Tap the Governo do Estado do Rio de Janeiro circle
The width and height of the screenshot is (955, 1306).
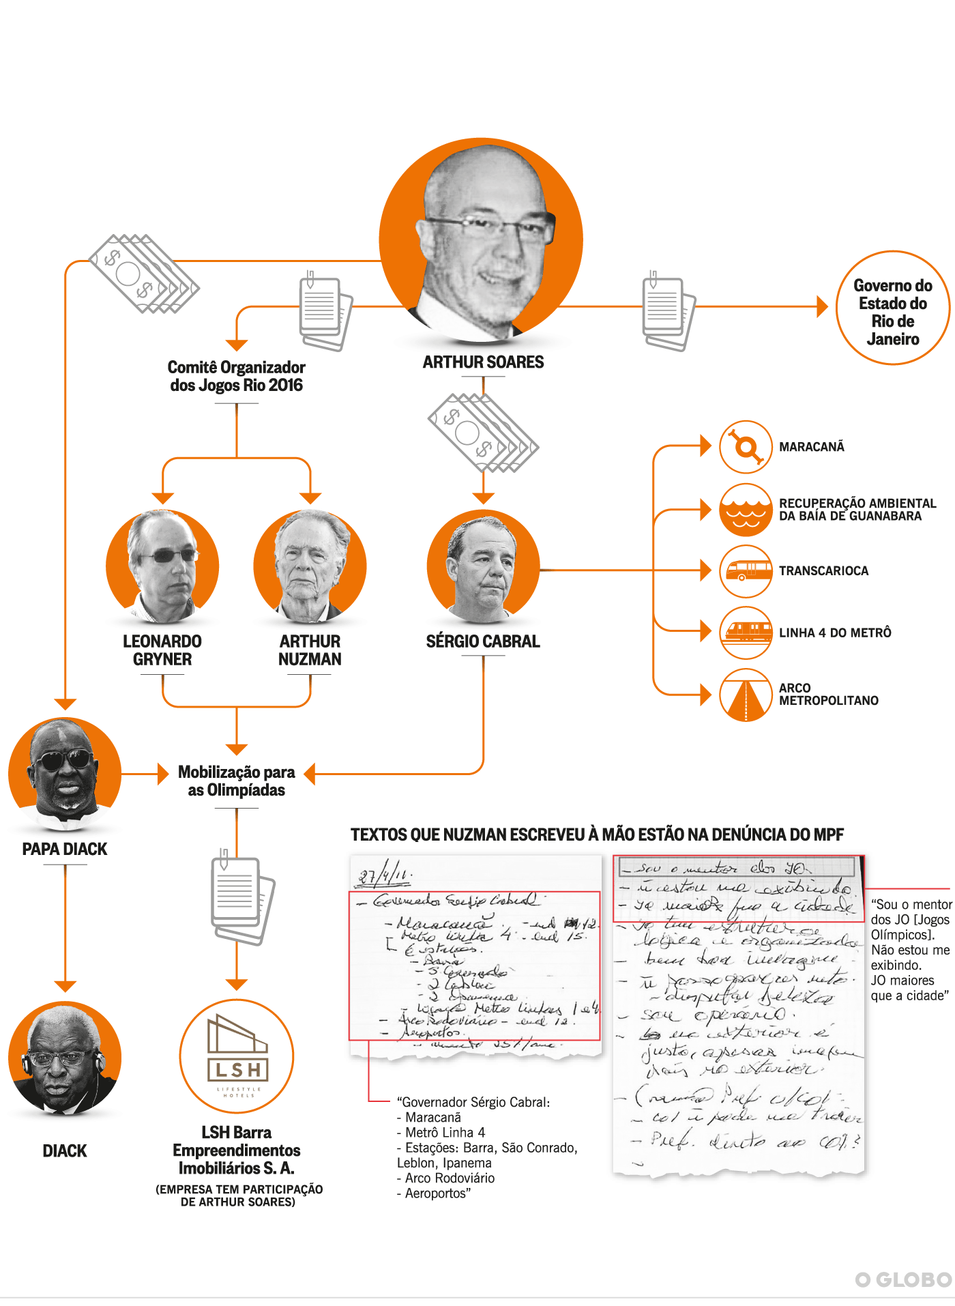click(x=892, y=308)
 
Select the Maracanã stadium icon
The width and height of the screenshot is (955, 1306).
click(x=746, y=447)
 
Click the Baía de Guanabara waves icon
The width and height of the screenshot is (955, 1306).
click(x=746, y=510)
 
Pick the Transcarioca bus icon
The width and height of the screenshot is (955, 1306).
click(x=746, y=571)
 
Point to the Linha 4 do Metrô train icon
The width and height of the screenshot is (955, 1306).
click(x=746, y=633)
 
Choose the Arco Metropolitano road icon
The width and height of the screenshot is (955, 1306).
click(x=746, y=695)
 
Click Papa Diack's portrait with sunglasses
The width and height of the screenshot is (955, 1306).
click(x=65, y=774)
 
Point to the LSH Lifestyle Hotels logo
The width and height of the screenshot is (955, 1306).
click(x=237, y=1056)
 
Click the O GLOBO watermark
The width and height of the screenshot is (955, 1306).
click(x=903, y=1279)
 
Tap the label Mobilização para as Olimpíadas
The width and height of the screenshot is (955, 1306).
click(x=237, y=781)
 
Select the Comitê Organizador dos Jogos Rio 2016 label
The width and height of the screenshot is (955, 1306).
click(x=237, y=376)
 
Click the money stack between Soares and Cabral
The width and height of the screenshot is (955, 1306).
click(x=483, y=432)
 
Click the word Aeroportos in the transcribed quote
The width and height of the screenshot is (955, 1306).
click(x=436, y=1193)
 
